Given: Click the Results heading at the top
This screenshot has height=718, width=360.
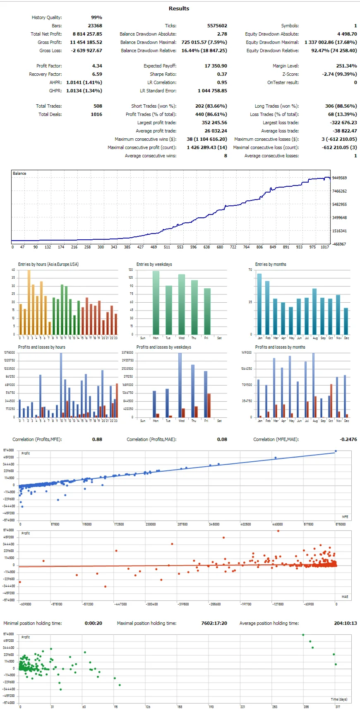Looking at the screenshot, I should coord(179,8).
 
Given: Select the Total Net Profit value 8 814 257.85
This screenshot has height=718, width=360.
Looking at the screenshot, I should coord(87,34).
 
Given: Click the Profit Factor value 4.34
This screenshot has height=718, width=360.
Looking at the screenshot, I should coord(97,66).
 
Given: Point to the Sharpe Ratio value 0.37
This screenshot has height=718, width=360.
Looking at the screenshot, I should coord(222,74).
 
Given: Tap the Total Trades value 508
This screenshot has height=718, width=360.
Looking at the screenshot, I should coord(98,106).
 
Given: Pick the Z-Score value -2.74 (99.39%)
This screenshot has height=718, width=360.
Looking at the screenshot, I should coord(339,74).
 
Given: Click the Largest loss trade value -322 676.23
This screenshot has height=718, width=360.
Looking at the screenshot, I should coord(339,123).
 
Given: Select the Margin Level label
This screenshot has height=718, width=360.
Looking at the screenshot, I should coord(286,66).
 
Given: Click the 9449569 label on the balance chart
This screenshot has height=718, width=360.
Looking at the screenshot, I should coord(339,178).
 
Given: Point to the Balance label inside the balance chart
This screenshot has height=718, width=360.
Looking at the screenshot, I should coord(19,173).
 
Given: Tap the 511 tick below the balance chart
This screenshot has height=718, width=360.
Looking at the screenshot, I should coord(167,247).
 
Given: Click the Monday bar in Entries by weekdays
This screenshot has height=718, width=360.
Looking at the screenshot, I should coord(156,303).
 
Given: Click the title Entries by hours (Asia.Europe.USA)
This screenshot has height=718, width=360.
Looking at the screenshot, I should coord(48,264).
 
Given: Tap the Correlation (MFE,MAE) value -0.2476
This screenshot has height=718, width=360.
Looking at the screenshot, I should coord(348,439).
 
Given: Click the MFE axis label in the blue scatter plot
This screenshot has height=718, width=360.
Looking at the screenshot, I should coord(345,517).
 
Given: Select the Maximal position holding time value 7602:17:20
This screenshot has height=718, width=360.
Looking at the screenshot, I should coord(214,623).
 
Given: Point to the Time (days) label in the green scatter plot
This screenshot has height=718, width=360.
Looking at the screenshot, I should coord(339,699).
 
